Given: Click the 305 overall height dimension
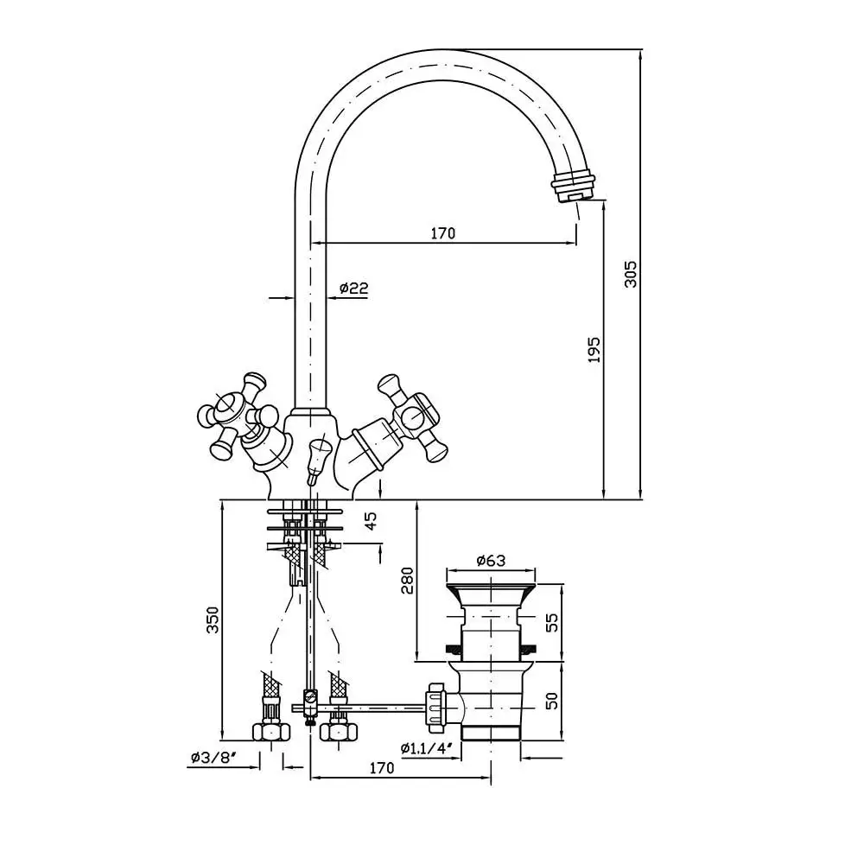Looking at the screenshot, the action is point(631,274).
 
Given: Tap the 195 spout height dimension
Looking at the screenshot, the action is point(594,349).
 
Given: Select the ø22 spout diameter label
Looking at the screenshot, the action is point(353,288).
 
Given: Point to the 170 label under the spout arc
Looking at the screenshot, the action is point(443,233).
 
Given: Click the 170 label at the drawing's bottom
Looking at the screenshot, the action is point(381,767).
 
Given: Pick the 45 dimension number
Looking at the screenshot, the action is point(372,521).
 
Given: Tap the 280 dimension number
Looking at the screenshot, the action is point(407,581).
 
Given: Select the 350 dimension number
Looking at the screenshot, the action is point(213,619).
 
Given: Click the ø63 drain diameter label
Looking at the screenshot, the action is point(491,561).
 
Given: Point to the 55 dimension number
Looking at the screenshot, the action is point(551,622).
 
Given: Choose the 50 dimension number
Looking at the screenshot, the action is point(551,700).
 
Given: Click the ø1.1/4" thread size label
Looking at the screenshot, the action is point(427,747).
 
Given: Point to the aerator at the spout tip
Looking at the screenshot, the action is point(573,187).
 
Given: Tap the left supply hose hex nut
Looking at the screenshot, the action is point(271,731).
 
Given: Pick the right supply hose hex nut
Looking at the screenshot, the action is point(340,731).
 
